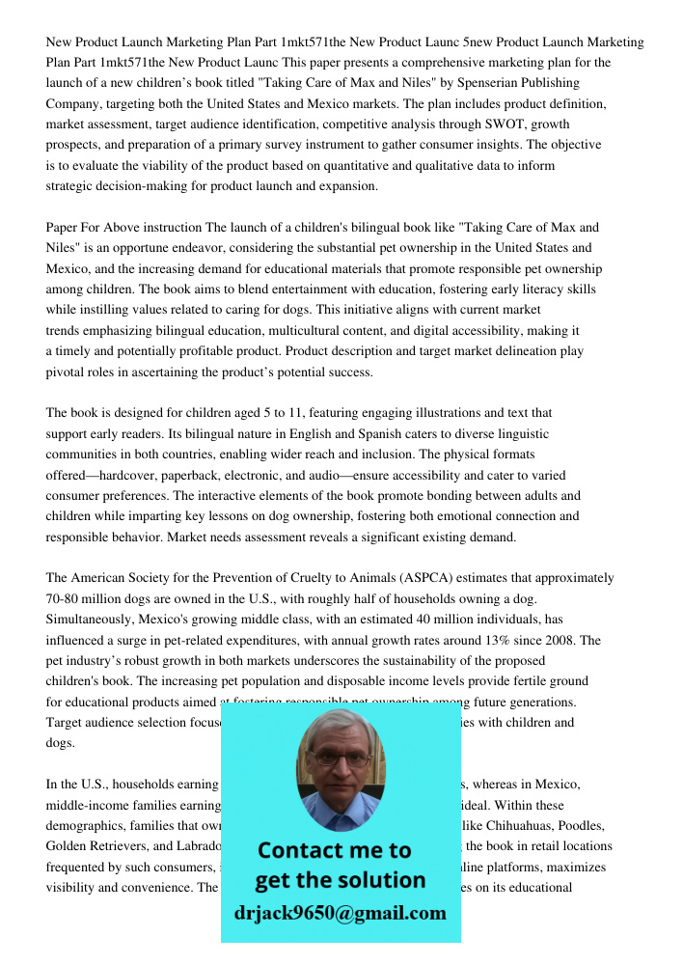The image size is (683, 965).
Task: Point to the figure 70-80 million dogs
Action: point(105,599)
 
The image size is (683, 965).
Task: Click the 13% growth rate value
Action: point(509,641)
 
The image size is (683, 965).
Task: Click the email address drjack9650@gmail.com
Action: point(340,913)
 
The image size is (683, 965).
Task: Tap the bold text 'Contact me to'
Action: point(334,850)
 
